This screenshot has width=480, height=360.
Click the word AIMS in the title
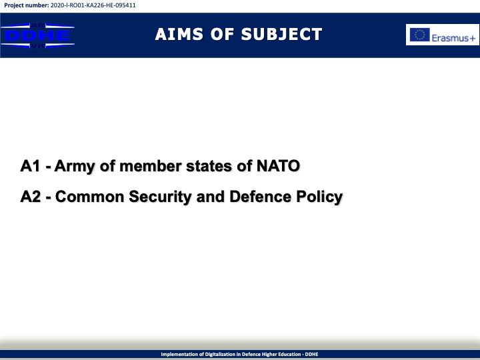click(179, 34)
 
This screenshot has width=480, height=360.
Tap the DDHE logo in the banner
click(37, 35)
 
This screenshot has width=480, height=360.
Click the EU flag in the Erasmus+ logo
click(420, 35)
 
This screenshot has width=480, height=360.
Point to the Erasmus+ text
click(454, 38)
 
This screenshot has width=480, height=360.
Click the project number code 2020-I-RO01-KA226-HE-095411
click(93, 5)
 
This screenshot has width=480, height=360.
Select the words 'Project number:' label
click(26, 5)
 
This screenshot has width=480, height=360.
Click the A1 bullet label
click(30, 166)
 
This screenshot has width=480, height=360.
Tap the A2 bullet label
click(31, 197)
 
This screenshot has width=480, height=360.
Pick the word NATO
click(278, 166)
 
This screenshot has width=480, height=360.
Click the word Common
click(90, 197)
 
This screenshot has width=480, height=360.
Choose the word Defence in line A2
click(261, 197)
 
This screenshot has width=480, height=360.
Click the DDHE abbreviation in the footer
click(311, 354)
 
